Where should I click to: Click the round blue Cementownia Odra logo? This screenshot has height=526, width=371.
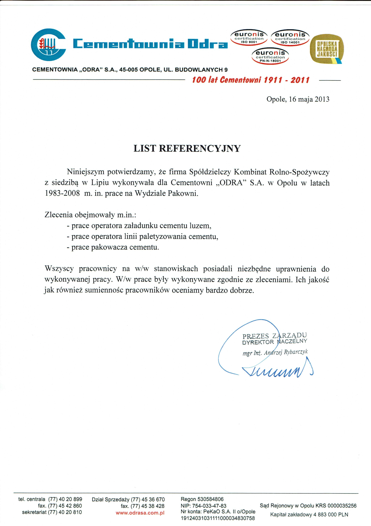pyautogui.click(x=48, y=45)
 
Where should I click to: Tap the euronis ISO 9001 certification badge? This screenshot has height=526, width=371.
pyautogui.click(x=249, y=38)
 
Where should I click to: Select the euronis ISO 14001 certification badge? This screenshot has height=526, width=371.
pyautogui.click(x=290, y=38)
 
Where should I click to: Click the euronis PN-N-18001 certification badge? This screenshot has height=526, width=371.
pyautogui.click(x=270, y=56)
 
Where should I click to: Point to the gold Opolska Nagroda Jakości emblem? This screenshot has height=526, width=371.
pyautogui.click(x=327, y=49)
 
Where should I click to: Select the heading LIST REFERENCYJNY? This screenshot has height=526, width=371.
pyautogui.click(x=187, y=149)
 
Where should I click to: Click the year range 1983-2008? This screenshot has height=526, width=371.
pyautogui.click(x=62, y=194)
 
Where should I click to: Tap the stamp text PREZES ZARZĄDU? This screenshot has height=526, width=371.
pyautogui.click(x=274, y=336)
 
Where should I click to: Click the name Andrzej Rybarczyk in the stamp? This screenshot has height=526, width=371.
pyautogui.click(x=286, y=352)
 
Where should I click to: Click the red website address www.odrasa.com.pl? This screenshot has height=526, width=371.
pyautogui.click(x=140, y=513)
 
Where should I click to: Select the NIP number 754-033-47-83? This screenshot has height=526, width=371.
pyautogui.click(x=209, y=506)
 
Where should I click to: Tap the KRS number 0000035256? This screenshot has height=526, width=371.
pyautogui.click(x=342, y=506)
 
